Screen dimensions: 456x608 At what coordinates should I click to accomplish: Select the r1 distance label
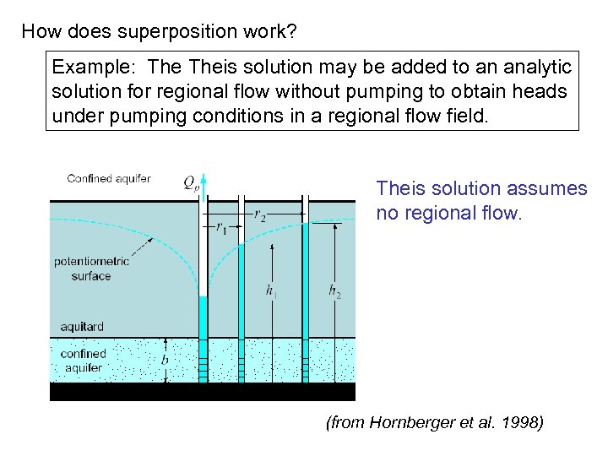(x=221, y=226)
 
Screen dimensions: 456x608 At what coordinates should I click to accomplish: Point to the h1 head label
(x=270, y=291)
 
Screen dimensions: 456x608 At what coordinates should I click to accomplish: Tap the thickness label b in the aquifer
(x=165, y=359)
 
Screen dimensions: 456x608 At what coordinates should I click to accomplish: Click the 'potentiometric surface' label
(x=91, y=269)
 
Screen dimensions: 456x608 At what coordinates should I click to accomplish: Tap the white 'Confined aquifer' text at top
(x=109, y=178)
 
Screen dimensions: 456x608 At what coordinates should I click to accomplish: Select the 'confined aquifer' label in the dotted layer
(x=83, y=361)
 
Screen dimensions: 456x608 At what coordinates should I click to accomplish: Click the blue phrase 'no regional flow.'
(x=449, y=213)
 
